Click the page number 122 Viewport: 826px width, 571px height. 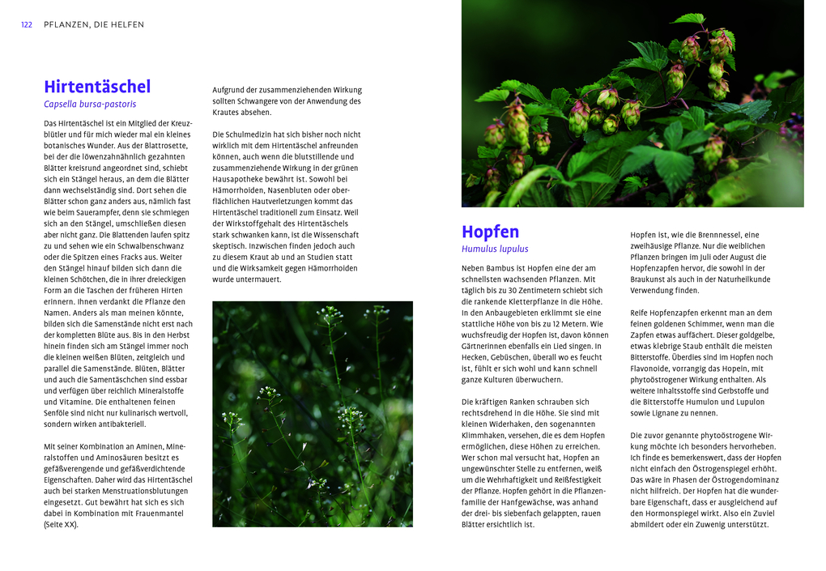pos(27,25)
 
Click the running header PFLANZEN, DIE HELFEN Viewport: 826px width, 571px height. pos(94,25)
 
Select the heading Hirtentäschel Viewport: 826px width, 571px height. pos(97,87)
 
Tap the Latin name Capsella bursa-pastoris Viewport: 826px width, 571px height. pos(90,104)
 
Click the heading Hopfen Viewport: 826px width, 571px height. pos(490,232)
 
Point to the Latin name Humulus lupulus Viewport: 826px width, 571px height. pos(495,249)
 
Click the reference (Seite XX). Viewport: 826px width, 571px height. pos(62,524)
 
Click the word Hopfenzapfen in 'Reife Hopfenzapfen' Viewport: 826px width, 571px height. pos(676,313)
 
